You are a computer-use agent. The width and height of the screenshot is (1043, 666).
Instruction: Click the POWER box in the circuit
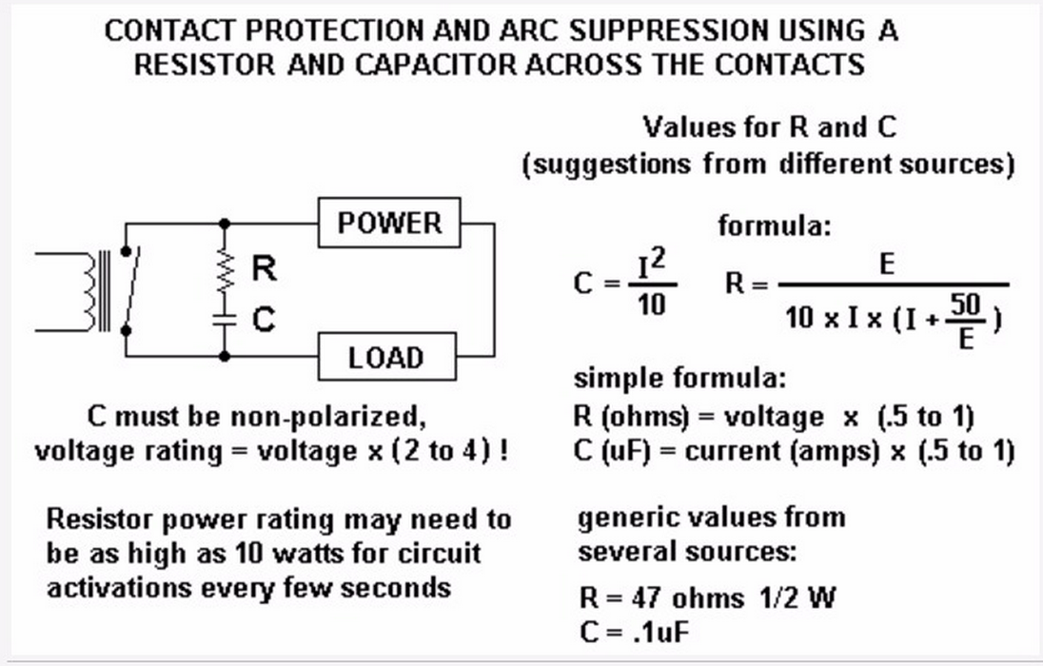point(389,224)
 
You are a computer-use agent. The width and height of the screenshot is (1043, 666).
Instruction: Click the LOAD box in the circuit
point(385,358)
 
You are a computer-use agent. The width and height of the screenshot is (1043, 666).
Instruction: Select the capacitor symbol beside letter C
point(225,318)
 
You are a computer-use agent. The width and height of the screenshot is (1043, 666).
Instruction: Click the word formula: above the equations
point(775,227)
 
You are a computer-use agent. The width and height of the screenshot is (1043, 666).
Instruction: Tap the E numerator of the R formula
point(888,264)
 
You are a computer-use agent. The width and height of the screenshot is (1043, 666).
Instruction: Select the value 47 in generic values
point(644,598)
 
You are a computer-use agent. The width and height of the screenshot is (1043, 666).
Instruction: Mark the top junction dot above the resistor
point(225,224)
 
